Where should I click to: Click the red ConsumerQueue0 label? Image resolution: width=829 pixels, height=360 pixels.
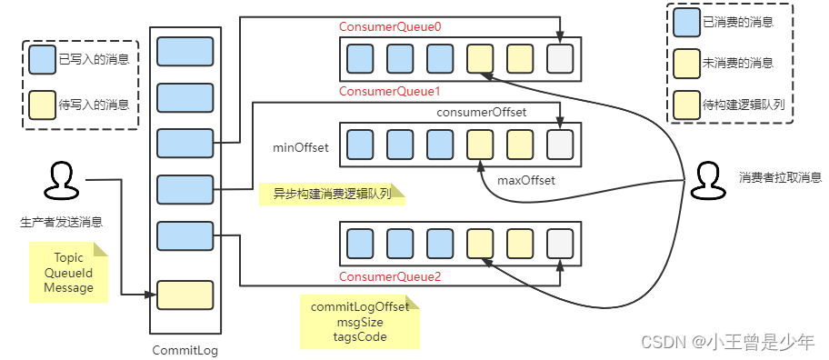pyautogui.click(x=390, y=28)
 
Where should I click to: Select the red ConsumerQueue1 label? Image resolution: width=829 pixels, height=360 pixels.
pyautogui.click(x=390, y=92)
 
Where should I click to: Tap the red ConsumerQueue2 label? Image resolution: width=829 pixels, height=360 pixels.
pyautogui.click(x=390, y=276)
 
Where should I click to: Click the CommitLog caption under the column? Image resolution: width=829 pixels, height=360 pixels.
pyautogui.click(x=185, y=350)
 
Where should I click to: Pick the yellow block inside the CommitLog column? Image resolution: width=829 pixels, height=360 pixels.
pyautogui.click(x=185, y=295)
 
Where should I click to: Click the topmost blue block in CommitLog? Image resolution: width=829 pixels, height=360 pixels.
pyautogui.click(x=185, y=52)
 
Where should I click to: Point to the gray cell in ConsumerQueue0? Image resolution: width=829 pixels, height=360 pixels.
pyautogui.click(x=560, y=59)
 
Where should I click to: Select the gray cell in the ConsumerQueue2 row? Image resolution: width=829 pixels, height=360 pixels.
pyautogui.click(x=560, y=245)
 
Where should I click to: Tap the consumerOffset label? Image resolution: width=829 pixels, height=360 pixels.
pyautogui.click(x=482, y=112)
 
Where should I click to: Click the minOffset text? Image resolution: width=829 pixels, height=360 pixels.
pyautogui.click(x=300, y=146)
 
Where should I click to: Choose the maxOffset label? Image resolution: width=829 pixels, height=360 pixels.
pyautogui.click(x=525, y=180)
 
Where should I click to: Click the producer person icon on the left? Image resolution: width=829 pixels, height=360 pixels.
pyautogui.click(x=61, y=181)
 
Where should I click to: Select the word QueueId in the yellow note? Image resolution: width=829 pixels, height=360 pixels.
pyautogui.click(x=68, y=273)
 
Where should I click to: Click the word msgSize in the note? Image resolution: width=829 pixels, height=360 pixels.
pyautogui.click(x=359, y=322)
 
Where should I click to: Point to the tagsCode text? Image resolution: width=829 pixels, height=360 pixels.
pyautogui.click(x=359, y=336)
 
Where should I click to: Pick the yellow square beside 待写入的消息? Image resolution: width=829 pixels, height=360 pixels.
pyautogui.click(x=42, y=105)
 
